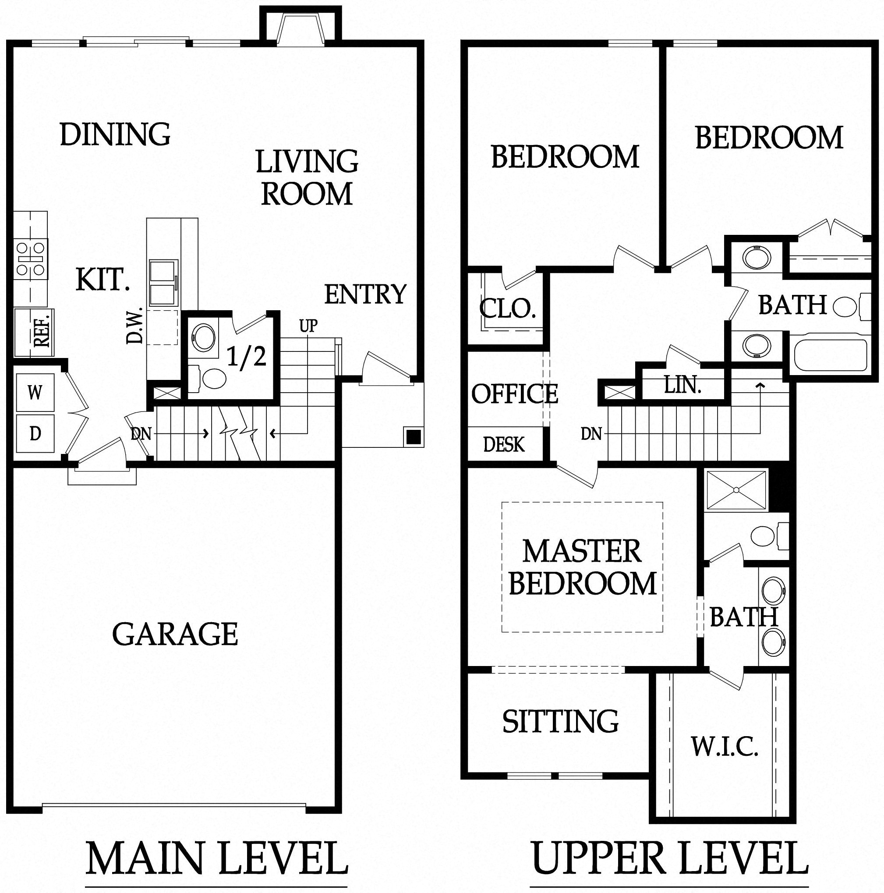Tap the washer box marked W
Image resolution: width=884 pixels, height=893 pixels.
click(35, 393)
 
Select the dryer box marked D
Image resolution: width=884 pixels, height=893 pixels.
click(35, 433)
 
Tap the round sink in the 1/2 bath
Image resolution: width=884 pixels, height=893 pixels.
click(203, 337)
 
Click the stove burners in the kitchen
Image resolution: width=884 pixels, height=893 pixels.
click(31, 259)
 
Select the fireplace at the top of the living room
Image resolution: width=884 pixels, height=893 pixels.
click(301, 28)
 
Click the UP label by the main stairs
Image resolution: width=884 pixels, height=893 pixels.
click(308, 326)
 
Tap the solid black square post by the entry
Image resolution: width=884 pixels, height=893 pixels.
click(413, 436)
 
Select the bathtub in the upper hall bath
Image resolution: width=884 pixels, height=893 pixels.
click(830, 355)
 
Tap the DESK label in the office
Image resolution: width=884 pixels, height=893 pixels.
click(504, 445)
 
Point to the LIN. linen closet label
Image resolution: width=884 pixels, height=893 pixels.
click(683, 385)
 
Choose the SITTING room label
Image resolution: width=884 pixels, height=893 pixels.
click(561, 721)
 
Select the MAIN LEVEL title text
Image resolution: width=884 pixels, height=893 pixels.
click(216, 858)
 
